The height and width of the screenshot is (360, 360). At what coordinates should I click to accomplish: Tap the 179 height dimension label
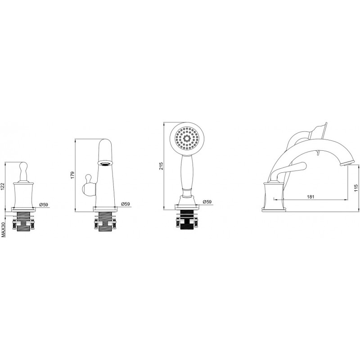click(73, 175)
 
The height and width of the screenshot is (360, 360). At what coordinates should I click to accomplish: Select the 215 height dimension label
click(161, 166)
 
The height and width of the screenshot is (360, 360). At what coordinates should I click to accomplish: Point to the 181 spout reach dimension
click(310, 197)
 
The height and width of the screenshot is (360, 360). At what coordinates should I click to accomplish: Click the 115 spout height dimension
click(356, 188)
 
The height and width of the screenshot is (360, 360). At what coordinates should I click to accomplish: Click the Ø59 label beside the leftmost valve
click(44, 205)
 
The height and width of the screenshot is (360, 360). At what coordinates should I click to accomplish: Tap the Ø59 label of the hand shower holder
click(207, 202)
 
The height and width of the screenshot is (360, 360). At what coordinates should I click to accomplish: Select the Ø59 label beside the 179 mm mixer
click(126, 204)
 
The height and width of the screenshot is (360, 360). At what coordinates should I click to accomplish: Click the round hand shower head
click(187, 139)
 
